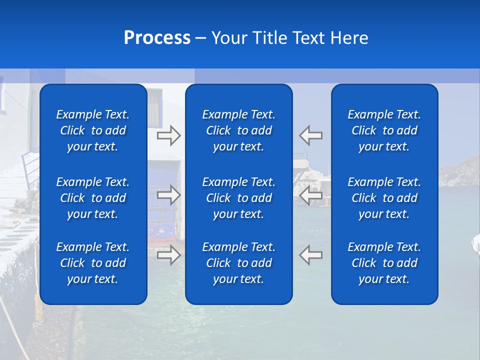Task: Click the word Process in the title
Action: click(157, 38)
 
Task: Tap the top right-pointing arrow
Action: click(168, 135)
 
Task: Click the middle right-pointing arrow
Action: click(168, 195)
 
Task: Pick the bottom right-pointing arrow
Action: click(168, 255)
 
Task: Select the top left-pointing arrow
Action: click(311, 135)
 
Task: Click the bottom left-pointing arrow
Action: click(311, 255)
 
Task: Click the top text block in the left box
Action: click(93, 130)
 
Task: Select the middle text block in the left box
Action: click(93, 198)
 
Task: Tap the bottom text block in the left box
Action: click(93, 263)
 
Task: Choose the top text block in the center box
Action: click(238, 130)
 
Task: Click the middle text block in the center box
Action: click(238, 198)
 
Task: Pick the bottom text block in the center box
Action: click(238, 263)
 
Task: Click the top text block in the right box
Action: click(384, 130)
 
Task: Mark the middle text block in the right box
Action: click(384, 198)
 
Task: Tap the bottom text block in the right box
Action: click(384, 263)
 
